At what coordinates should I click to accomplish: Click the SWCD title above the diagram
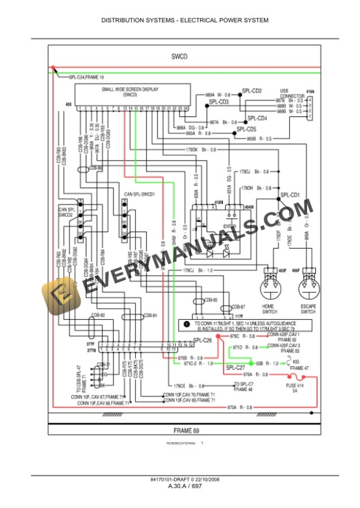click(179, 57)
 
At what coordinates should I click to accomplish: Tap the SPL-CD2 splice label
click(252, 91)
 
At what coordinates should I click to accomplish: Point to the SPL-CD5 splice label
click(246, 129)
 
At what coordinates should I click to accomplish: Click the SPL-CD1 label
click(290, 195)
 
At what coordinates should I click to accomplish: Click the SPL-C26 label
click(203, 340)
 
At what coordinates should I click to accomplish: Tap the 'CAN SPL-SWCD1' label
click(139, 193)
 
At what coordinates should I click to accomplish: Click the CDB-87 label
click(238, 306)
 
